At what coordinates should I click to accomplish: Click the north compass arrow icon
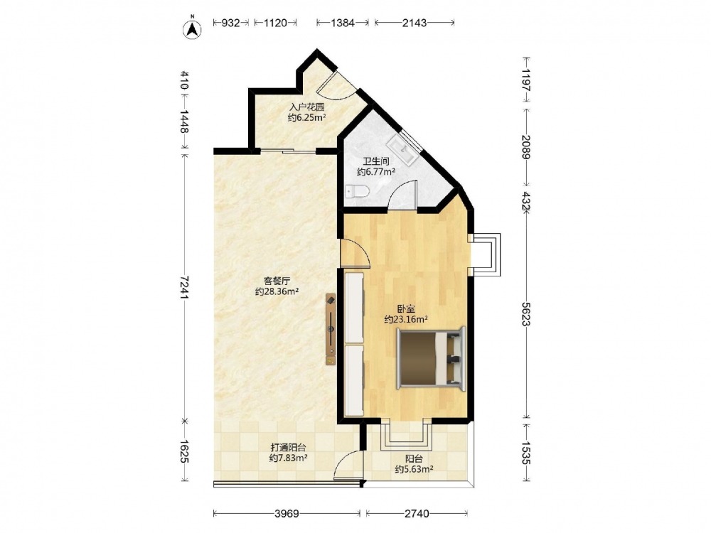[x=192, y=29]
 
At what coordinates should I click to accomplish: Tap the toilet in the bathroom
[x=358, y=192]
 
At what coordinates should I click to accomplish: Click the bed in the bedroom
[x=431, y=358]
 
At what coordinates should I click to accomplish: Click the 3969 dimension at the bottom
[x=287, y=514]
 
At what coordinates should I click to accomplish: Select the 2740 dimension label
[x=416, y=514]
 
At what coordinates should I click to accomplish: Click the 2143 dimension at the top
[x=415, y=23]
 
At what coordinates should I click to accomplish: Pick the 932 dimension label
[x=230, y=23]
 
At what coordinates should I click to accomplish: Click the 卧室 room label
[x=406, y=310]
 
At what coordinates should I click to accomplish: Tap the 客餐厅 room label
[x=277, y=281]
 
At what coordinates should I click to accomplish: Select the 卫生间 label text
[x=376, y=161]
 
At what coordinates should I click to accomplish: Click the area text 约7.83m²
[x=289, y=458]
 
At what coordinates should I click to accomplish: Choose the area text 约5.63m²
[x=414, y=470]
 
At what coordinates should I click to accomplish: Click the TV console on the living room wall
[x=331, y=329]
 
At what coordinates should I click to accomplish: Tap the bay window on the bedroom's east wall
[x=486, y=254]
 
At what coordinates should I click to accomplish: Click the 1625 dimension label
[x=183, y=451]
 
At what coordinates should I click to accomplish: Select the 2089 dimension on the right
[x=525, y=147]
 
